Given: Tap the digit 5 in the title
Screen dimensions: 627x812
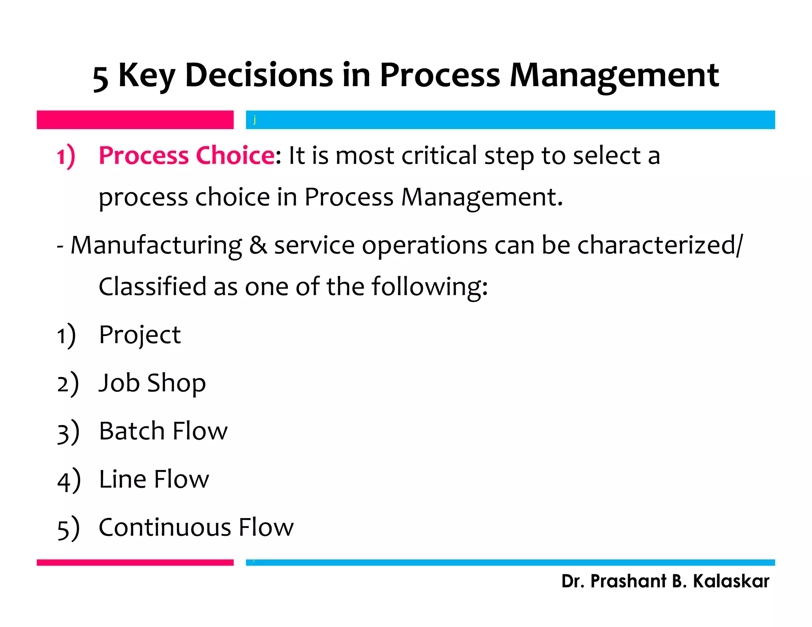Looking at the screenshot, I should (x=100, y=78).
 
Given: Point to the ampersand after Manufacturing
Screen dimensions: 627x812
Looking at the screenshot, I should (x=258, y=245).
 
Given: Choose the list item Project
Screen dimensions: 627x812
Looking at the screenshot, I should (x=140, y=335).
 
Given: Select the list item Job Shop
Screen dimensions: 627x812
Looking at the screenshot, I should (x=152, y=383).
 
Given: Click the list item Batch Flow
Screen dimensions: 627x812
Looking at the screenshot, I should (x=163, y=431).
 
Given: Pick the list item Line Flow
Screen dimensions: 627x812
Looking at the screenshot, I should (x=154, y=479).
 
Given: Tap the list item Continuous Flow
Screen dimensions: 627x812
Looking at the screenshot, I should (x=196, y=528).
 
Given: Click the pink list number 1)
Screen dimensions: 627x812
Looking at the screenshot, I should (x=66, y=156).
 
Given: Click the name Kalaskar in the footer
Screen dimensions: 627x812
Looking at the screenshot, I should (x=731, y=581).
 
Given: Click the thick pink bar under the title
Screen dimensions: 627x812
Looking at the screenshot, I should (x=135, y=120).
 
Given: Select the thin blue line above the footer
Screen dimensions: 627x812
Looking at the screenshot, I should (x=510, y=562).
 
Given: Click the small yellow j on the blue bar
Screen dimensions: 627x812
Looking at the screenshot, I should (x=255, y=119).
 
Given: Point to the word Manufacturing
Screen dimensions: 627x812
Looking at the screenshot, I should (x=156, y=245).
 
